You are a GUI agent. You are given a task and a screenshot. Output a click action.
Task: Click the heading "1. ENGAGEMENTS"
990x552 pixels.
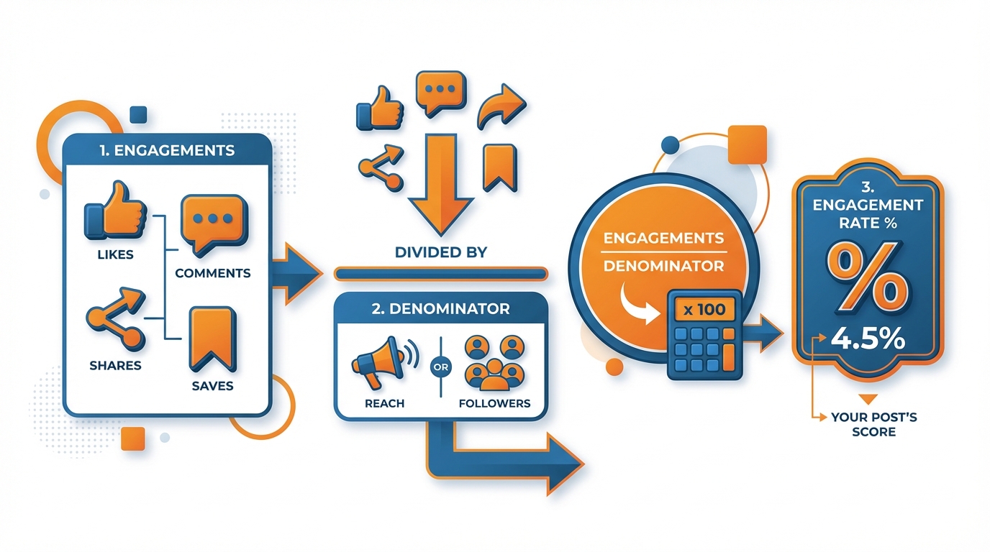[168, 151]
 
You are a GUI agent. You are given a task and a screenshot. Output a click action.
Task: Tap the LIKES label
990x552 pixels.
[116, 255]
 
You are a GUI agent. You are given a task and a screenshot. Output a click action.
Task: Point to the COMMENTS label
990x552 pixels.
[213, 273]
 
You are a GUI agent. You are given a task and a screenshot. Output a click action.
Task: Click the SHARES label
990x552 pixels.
[115, 365]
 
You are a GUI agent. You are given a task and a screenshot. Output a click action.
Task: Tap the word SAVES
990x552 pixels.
[212, 386]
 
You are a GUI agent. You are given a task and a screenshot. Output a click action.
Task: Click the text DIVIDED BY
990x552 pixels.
[440, 252]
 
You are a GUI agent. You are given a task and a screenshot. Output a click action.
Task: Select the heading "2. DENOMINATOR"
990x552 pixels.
[442, 309]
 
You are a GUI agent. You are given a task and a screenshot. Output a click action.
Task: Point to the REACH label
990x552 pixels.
[384, 403]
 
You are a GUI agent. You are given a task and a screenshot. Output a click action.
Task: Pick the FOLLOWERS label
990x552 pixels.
[494, 403]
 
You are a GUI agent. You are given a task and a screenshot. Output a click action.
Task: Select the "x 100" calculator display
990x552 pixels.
[704, 310]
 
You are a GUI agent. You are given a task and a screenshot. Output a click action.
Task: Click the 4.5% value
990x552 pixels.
[867, 339]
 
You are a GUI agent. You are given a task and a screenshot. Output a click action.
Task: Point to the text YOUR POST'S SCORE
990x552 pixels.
[873, 424]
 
